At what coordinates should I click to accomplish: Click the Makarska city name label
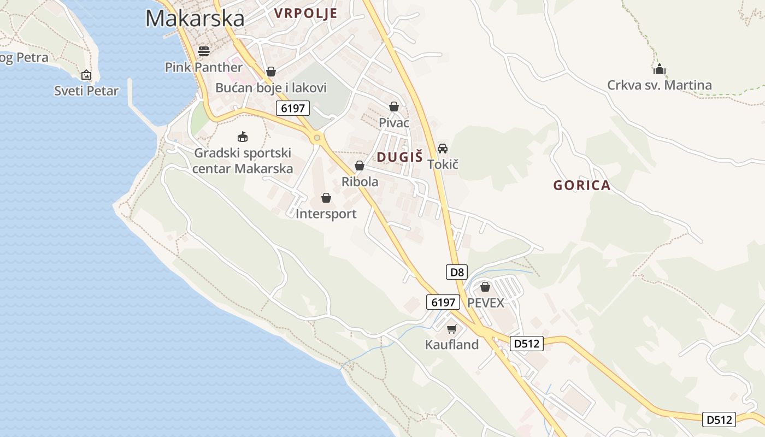(195, 19)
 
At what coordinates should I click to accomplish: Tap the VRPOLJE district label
(305, 13)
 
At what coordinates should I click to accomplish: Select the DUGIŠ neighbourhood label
(400, 157)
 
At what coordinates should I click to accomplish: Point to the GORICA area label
(582, 185)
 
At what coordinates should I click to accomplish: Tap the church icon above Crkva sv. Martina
(660, 69)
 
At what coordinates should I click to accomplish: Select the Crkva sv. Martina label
(660, 85)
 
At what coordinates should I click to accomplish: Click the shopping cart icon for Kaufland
(451, 329)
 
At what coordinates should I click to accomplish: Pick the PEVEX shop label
(486, 303)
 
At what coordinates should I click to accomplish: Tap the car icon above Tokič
(443, 148)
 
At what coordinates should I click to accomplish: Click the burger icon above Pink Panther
(204, 51)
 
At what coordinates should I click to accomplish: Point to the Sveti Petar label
(86, 91)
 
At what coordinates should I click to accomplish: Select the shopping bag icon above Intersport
(326, 198)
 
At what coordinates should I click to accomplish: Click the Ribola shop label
(360, 181)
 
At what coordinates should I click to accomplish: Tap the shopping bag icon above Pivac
(394, 107)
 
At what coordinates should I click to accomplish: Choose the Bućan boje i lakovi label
(271, 87)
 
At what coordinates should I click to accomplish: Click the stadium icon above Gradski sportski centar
(242, 137)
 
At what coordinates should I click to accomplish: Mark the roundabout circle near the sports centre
(316, 138)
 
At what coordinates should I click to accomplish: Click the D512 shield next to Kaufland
(527, 344)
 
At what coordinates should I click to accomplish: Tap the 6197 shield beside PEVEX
(443, 302)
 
